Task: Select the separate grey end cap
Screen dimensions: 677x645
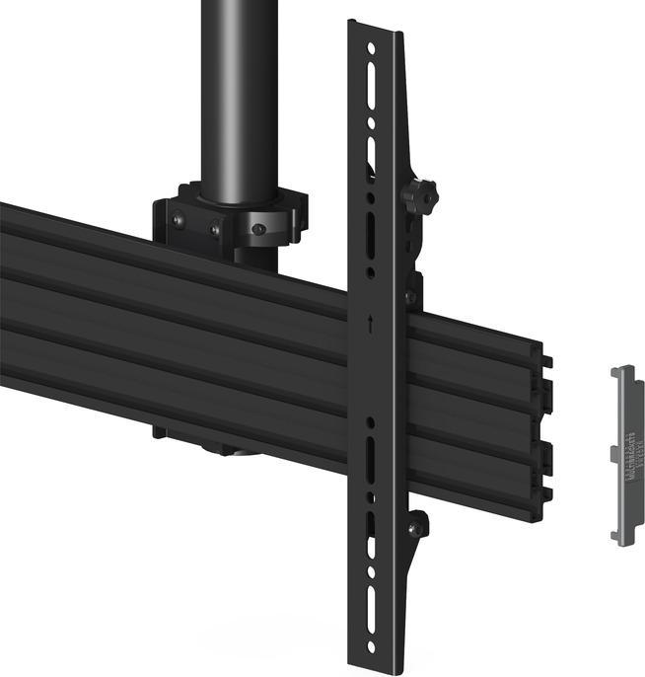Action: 625,453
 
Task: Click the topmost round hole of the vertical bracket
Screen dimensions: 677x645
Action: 371,47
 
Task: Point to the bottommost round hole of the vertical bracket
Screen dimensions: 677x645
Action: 371,647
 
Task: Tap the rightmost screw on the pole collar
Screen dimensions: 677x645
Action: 257,229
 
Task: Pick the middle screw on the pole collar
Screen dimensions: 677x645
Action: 214,230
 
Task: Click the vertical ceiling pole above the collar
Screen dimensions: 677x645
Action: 238,89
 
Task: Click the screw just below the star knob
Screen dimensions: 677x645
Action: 409,294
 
